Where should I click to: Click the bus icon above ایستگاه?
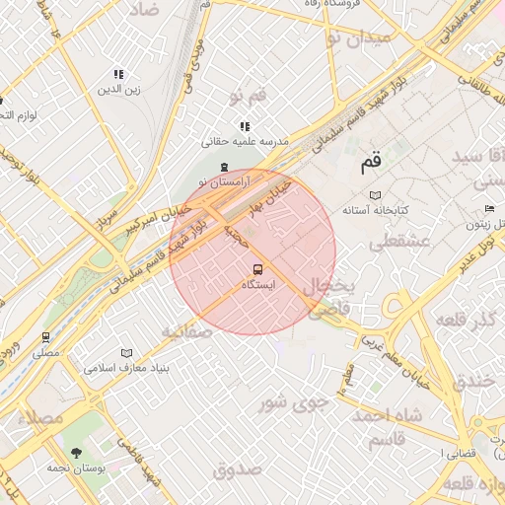tap(258, 268)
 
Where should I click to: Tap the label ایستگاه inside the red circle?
tap(258, 284)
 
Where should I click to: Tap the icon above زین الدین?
tap(118, 74)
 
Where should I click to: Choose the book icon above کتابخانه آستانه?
tap(374, 194)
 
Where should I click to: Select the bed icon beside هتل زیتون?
tap(489, 209)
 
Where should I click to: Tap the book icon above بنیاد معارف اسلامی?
tap(125, 352)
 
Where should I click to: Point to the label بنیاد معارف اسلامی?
tap(125, 368)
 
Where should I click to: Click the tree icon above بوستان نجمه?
tap(77, 453)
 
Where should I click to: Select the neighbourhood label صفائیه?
tap(186, 331)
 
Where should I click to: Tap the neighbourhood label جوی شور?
tap(291, 401)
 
